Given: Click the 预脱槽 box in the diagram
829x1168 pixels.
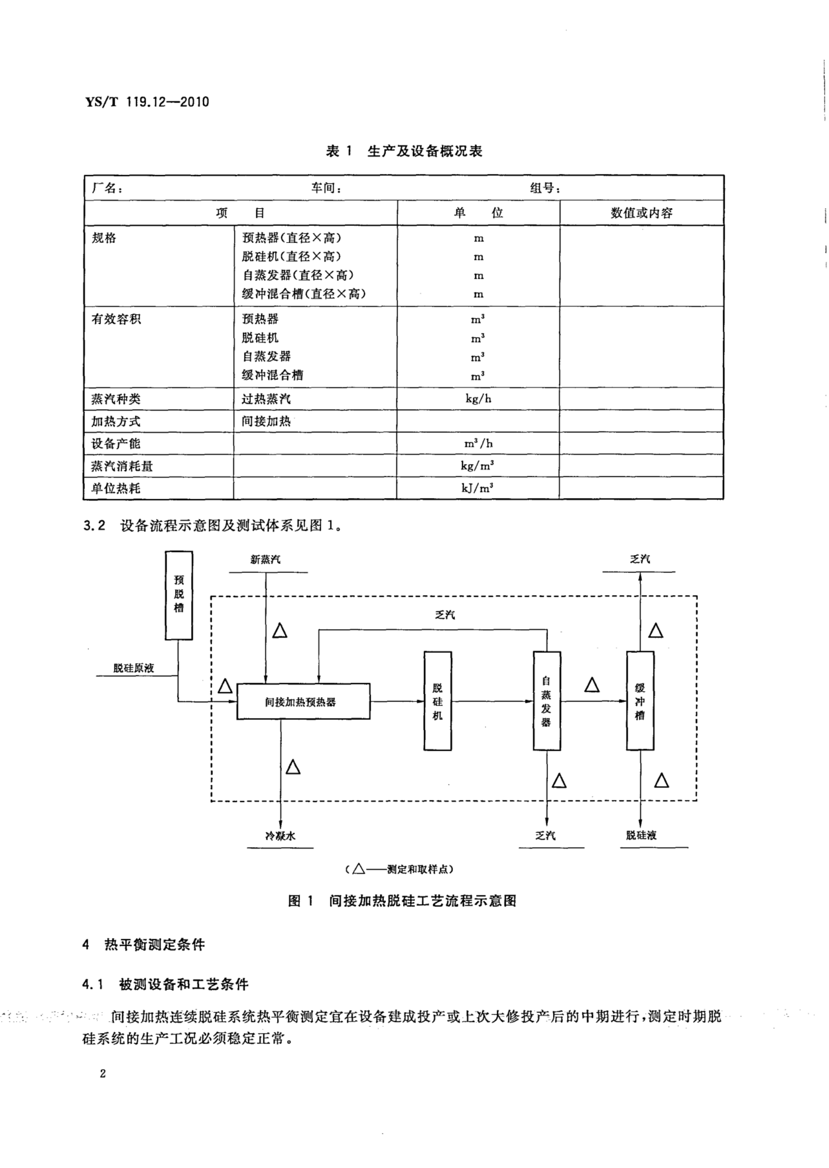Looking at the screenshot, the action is tap(179, 595).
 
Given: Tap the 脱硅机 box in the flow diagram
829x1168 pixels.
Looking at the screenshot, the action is tap(437, 701).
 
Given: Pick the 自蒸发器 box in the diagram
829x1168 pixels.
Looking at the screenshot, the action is tap(547, 701).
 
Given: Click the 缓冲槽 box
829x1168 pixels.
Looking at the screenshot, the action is tap(640, 701).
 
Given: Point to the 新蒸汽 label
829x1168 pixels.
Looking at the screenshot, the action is tap(265, 560).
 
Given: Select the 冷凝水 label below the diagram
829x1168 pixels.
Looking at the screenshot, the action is tap(280, 836).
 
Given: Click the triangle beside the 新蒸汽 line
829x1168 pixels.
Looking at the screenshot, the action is tap(280, 631).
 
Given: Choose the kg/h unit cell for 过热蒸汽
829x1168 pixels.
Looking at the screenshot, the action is tap(478, 399).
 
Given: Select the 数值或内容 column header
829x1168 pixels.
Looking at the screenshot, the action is tap(642, 213).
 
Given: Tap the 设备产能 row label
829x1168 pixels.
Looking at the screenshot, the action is tap(116, 444).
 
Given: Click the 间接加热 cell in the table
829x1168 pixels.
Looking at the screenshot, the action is tap(266, 421).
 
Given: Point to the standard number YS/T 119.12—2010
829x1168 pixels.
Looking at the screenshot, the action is tap(147, 102).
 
